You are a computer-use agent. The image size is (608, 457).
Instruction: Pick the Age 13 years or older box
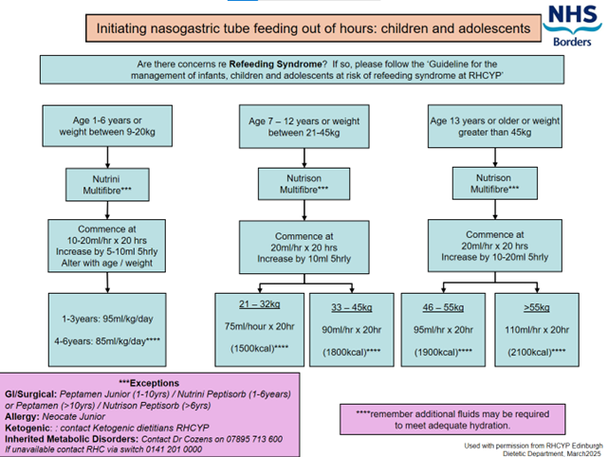tap(495, 129)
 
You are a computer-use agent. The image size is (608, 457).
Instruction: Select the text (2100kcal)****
tap(537, 351)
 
